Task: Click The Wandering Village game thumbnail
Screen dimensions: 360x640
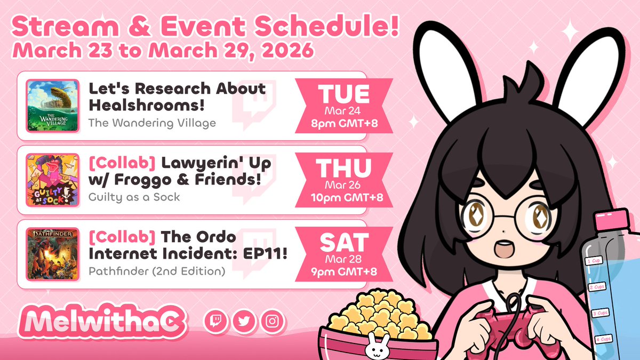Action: click(53, 106)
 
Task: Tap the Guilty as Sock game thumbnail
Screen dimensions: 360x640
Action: click(53, 179)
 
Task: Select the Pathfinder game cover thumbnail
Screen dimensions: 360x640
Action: click(53, 254)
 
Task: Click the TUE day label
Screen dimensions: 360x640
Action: click(344, 94)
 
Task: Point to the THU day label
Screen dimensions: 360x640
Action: click(344, 169)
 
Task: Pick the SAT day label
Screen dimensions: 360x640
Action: click(344, 243)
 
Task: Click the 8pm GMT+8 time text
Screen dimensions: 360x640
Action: click(345, 122)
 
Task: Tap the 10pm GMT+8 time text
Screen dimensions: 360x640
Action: click(345, 197)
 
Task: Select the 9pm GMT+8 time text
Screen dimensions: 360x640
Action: click(345, 271)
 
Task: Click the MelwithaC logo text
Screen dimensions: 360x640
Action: click(101, 322)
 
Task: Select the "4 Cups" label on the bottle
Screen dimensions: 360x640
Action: click(603, 339)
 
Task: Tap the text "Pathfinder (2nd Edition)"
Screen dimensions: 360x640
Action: click(156, 271)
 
